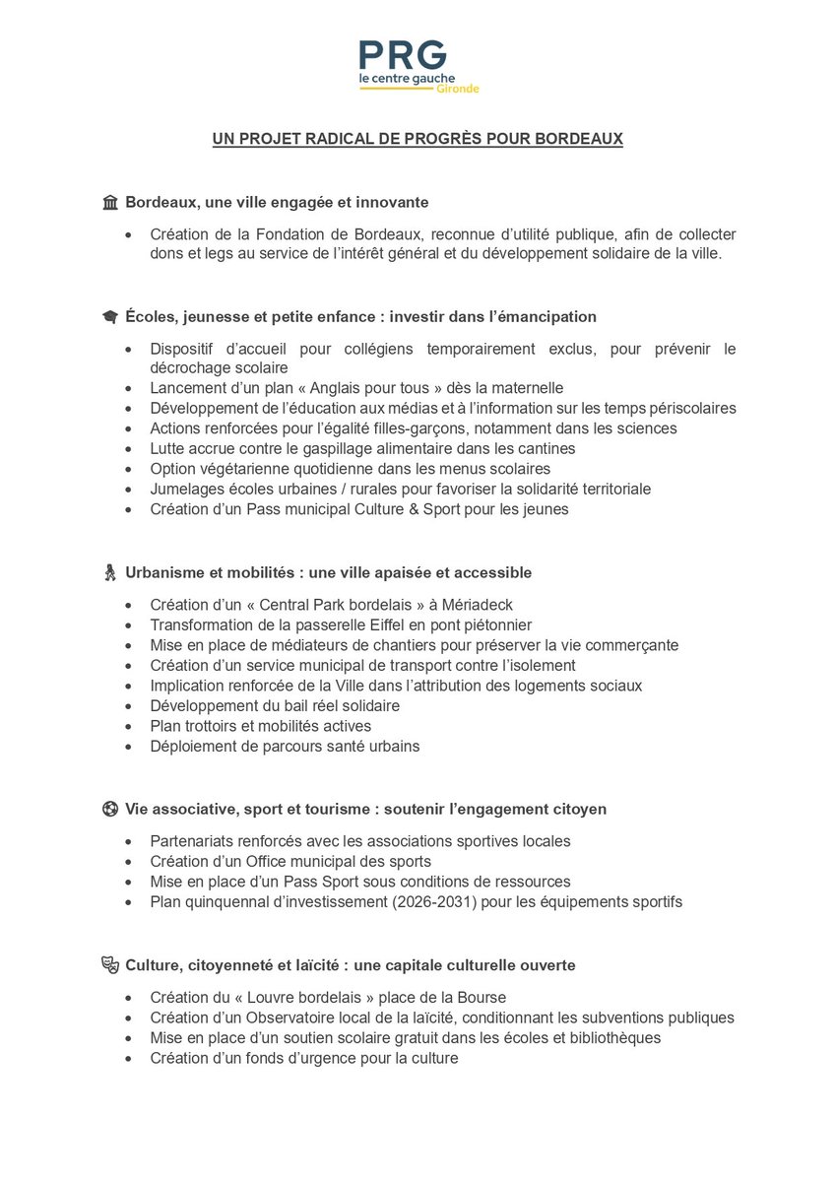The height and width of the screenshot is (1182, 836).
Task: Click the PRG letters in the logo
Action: click(403, 55)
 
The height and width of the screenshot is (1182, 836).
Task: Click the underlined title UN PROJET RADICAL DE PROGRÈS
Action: click(418, 140)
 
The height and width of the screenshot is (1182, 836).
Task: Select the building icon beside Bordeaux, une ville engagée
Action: click(110, 202)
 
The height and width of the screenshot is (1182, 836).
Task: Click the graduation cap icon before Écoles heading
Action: click(110, 317)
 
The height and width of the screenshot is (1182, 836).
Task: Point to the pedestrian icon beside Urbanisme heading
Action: click(110, 572)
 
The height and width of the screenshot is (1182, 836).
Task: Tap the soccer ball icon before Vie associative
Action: click(110, 809)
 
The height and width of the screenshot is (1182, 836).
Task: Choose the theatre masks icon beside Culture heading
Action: click(110, 965)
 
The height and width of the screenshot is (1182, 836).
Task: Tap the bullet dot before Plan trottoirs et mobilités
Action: click(128, 726)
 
